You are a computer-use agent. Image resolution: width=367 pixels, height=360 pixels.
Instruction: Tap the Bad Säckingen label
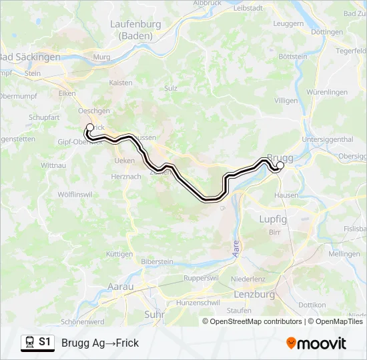[31, 57]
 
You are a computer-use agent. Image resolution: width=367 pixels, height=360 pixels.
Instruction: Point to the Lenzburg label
[255, 293]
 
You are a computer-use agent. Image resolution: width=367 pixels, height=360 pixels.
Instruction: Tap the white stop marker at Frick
[90, 127]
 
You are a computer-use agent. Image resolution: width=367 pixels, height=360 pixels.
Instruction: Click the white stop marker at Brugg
[280, 165]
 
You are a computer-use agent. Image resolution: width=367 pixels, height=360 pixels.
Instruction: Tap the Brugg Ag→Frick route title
[100, 343]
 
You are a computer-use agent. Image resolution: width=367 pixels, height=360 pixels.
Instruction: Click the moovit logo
[316, 343]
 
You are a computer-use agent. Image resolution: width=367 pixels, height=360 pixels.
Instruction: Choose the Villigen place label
[286, 101]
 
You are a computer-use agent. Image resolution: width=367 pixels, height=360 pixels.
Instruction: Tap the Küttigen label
[119, 254]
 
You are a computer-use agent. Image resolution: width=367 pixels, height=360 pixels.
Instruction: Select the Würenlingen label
[327, 92]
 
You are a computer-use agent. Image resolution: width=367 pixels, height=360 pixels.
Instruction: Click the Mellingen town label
[344, 254]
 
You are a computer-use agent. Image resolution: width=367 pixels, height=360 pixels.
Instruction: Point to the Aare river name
[234, 249]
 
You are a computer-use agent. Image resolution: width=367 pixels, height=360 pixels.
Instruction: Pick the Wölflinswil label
[74, 194]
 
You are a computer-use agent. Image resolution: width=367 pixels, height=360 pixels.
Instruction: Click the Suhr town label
[154, 313]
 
